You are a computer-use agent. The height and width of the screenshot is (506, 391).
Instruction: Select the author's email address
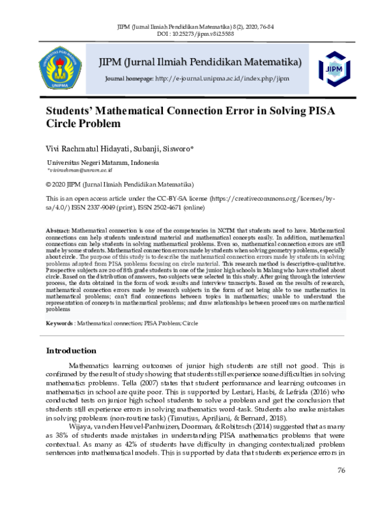click(80, 170)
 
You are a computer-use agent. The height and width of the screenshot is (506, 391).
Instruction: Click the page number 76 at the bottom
click(340, 489)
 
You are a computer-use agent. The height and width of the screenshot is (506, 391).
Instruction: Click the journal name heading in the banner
click(199, 63)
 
